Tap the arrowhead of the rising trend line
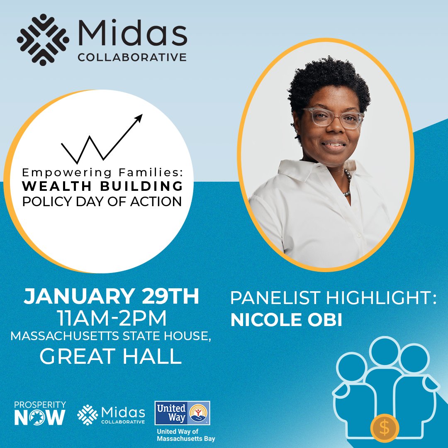pyautogui.click(x=139, y=117)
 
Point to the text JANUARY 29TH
pyautogui.click(x=111, y=298)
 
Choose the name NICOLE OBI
pyautogui.click(x=286, y=320)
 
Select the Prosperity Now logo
pyautogui.click(x=40, y=413)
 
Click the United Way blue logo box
pyautogui.click(x=182, y=413)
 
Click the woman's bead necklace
pyautogui.click(x=347, y=183)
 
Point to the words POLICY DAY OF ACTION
pyautogui.click(x=102, y=201)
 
